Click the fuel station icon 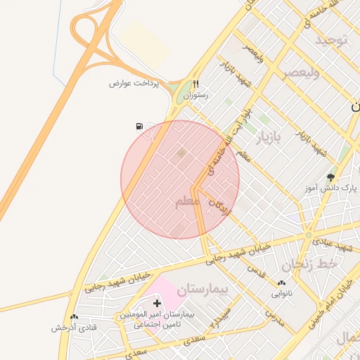pyautogui.click(x=139, y=127)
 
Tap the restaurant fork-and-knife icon pyautogui.click(x=196, y=83)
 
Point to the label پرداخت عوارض pyautogui.click(x=134, y=83)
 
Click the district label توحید pyautogui.click(x=331, y=39)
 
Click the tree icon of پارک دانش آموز pyautogui.click(x=331, y=177)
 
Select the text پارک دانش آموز pyautogui.click(x=331, y=188)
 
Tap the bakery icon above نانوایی pyautogui.click(x=282, y=283)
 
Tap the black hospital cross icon pyautogui.click(x=157, y=302)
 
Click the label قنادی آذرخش pyautogui.click(x=74, y=328)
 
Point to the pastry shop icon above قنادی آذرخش pyautogui.click(x=74, y=317)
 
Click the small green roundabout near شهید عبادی pyautogui.click(x=308, y=236)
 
